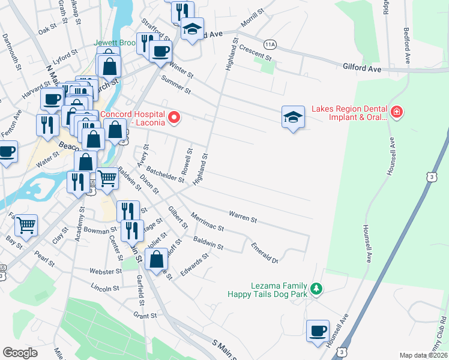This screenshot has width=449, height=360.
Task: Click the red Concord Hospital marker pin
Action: tap(174, 118)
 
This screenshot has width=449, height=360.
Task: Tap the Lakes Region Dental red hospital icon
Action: tap(396, 112)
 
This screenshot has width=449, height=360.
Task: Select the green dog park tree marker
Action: tap(316, 290)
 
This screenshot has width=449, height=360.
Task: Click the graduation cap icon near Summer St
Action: tap(292, 118)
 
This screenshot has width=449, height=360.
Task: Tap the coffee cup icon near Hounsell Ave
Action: tap(318, 331)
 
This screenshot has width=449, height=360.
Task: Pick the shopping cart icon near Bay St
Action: tap(26, 226)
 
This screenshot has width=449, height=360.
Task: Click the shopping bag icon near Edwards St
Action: tap(156, 259)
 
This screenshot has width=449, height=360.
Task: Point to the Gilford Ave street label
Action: tap(363, 69)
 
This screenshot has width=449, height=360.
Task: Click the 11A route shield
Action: tap(270, 44)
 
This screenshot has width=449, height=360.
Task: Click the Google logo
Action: tap(20, 353)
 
